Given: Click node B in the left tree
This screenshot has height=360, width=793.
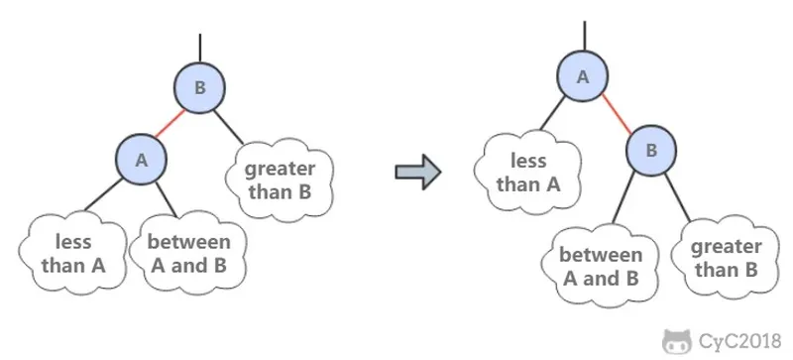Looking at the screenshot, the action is click(x=200, y=87).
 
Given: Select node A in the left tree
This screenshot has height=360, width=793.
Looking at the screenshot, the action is click(x=141, y=160).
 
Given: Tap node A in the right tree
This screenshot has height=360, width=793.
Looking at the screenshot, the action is click(x=583, y=76).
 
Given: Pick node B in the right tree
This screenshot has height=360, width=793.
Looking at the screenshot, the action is click(x=651, y=150).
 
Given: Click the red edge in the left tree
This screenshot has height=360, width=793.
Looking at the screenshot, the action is click(x=170, y=124).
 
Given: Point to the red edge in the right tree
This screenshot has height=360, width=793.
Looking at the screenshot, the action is click(x=617, y=113).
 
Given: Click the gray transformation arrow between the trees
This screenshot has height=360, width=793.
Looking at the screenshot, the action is click(x=418, y=173).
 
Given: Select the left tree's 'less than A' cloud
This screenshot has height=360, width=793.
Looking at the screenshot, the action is click(x=73, y=253).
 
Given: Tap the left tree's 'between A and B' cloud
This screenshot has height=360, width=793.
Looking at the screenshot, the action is click(x=188, y=253).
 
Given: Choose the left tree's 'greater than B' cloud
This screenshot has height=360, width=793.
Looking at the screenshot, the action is click(x=280, y=180).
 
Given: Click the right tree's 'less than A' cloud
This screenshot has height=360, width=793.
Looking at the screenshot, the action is click(x=528, y=173).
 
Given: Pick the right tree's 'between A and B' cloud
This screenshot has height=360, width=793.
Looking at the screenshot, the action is click(x=601, y=266).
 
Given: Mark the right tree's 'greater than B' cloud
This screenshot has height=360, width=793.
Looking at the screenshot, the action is click(x=727, y=258).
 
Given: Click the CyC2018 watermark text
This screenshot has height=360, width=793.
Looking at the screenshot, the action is click(x=740, y=341).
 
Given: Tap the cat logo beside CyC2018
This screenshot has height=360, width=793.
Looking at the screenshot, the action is click(x=677, y=341).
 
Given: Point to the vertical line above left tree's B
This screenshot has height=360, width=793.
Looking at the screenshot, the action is click(x=200, y=49).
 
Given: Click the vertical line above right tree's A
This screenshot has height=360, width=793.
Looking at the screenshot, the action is click(x=585, y=36).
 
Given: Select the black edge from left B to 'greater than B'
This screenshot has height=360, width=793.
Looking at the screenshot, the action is click(x=229, y=127).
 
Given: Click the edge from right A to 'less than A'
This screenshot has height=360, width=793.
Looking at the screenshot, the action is click(x=552, y=113).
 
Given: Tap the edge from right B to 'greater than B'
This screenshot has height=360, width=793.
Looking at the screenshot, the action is click(x=677, y=198).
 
